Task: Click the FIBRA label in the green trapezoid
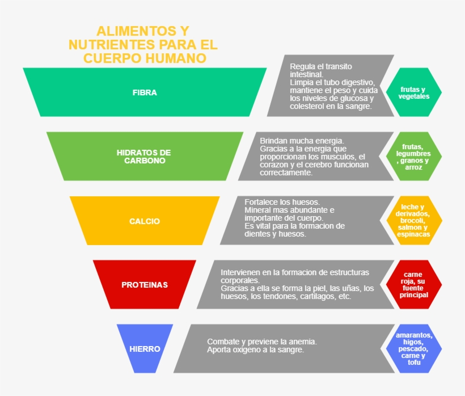(145, 92)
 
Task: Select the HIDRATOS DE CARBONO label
(144, 157)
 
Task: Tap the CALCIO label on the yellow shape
(145, 221)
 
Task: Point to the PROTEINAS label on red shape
(145, 285)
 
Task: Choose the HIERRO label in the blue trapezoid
(145, 349)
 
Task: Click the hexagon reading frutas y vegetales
(413, 92)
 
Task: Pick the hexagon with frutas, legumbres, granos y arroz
(413, 157)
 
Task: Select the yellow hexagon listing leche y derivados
(413, 221)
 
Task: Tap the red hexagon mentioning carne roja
(413, 285)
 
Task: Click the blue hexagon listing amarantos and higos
(413, 349)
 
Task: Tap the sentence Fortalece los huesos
(282, 202)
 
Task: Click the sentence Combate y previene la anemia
(261, 342)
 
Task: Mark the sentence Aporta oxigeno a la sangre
(255, 350)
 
